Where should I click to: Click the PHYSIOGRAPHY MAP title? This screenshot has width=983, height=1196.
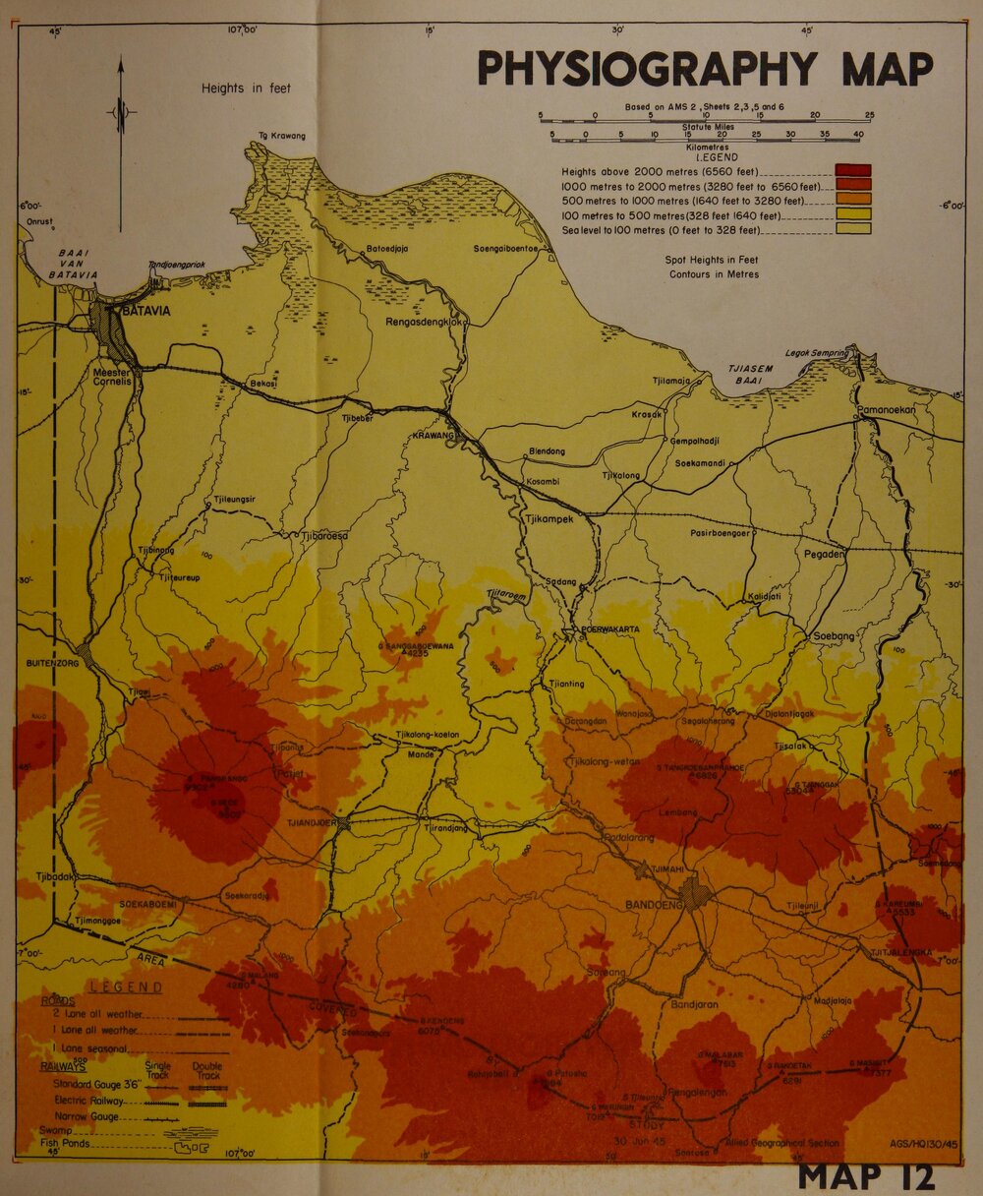click(x=705, y=69)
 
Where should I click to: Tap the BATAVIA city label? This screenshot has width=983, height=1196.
click(x=146, y=311)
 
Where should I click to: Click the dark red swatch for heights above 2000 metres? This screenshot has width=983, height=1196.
click(x=852, y=170)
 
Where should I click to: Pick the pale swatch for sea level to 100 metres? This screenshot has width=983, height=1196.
click(x=852, y=229)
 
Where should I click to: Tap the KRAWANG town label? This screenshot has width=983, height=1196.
click(x=434, y=434)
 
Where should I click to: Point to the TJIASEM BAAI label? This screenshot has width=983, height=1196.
click(x=750, y=375)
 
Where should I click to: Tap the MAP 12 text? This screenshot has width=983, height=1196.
click(x=866, y=1175)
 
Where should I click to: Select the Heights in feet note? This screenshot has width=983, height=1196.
click(x=246, y=88)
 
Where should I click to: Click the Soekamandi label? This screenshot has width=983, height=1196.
click(x=698, y=462)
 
